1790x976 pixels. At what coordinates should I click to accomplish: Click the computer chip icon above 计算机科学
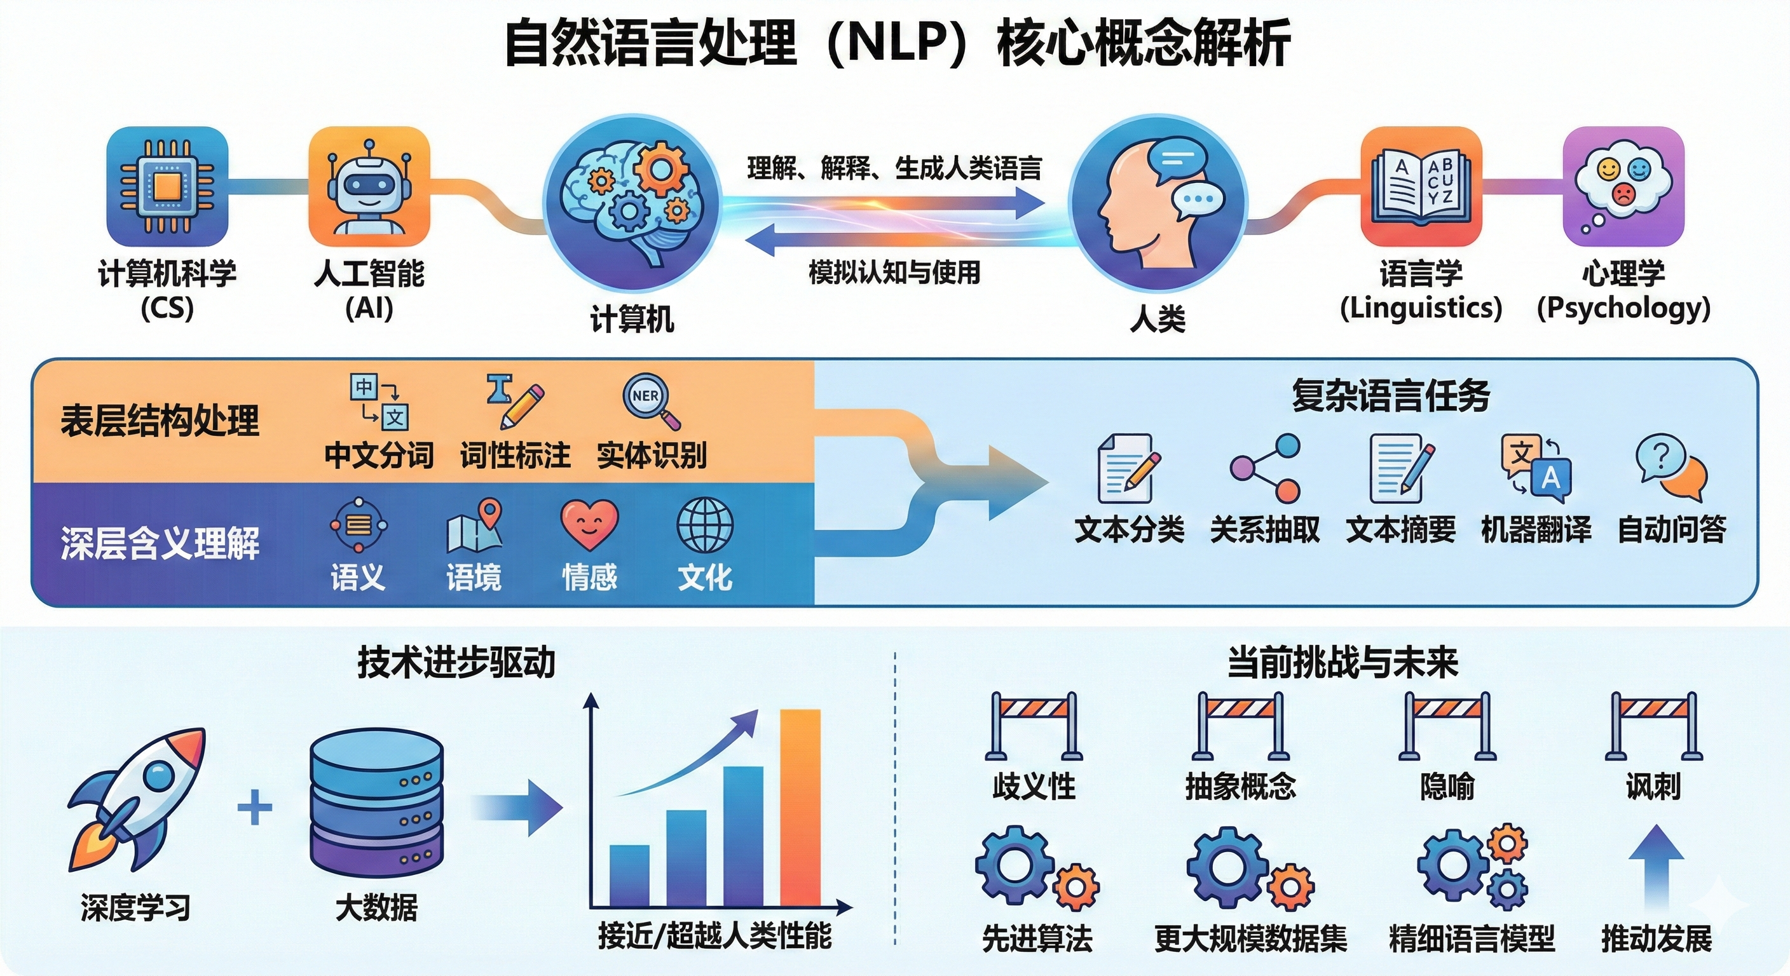167,186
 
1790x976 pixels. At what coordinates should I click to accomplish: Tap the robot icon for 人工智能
369,186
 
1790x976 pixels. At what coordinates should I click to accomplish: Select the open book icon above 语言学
1421,186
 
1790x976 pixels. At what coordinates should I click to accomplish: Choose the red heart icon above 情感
589,525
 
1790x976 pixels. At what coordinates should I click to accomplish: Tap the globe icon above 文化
704,525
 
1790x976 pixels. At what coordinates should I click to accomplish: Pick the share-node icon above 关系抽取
1265,468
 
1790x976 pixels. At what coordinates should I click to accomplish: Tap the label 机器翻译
1536,529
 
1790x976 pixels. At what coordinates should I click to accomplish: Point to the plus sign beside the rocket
255,807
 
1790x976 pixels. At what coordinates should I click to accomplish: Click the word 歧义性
1034,787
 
